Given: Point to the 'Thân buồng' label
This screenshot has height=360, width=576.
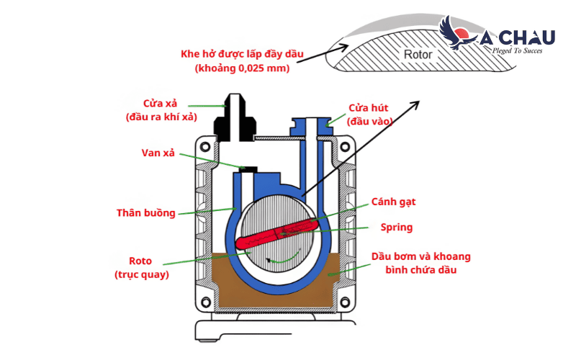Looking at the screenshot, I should (146, 212).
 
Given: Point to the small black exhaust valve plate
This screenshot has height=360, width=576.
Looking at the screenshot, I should (248, 169).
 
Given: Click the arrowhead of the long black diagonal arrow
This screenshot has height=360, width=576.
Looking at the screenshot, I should (418, 104).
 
